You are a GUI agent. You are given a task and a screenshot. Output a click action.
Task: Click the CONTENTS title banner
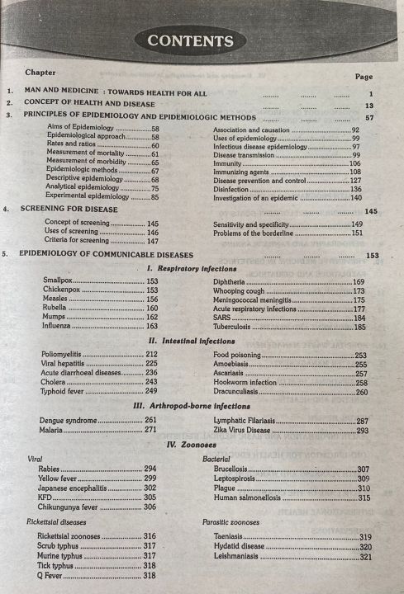click(x=190, y=40)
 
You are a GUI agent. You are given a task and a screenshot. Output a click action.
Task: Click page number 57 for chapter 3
click(x=369, y=117)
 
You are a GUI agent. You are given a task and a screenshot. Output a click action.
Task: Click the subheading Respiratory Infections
click(x=196, y=269)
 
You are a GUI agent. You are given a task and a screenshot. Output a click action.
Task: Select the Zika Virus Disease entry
click(x=245, y=431)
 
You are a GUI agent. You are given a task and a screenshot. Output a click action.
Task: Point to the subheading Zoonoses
click(x=196, y=444)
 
